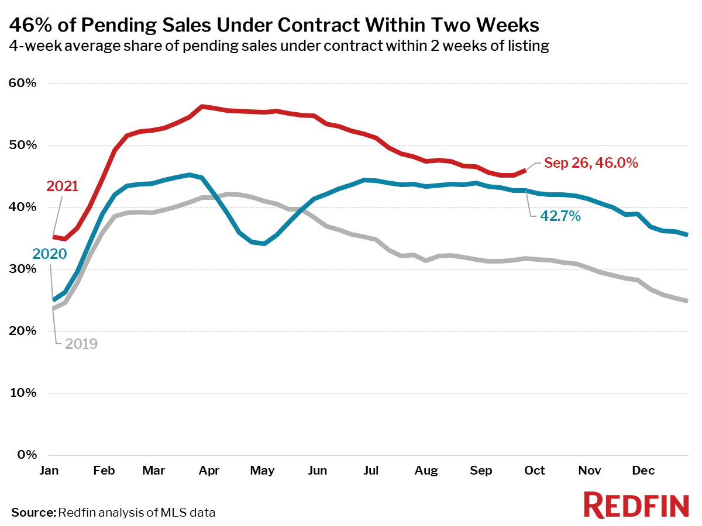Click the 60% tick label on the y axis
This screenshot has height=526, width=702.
pos(22,83)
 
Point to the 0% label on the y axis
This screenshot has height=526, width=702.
pos(27,455)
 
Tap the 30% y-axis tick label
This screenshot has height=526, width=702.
pos(22,269)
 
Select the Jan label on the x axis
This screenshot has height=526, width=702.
pos(49,470)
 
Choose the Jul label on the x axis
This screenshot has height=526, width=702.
pos(371,470)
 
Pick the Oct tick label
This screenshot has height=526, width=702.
pos(535,470)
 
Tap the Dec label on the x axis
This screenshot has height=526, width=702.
pos(643,470)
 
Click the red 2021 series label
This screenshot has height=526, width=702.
pos(63,186)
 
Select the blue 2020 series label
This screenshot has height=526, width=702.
pos(50,254)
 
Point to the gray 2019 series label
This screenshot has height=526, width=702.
pos(81,344)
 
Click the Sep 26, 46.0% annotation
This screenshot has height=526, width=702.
pos(591,163)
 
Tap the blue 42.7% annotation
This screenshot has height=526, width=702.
pos(560,216)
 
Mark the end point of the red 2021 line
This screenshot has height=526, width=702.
pos(525,171)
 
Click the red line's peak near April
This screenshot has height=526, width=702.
pos(202,106)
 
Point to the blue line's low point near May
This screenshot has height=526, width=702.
pos(264,244)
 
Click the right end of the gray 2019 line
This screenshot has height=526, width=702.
pos(687,300)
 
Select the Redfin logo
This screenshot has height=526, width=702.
pos(636,506)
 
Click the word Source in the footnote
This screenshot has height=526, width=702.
pos(33,513)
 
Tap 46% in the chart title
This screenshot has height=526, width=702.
pos(30,25)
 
